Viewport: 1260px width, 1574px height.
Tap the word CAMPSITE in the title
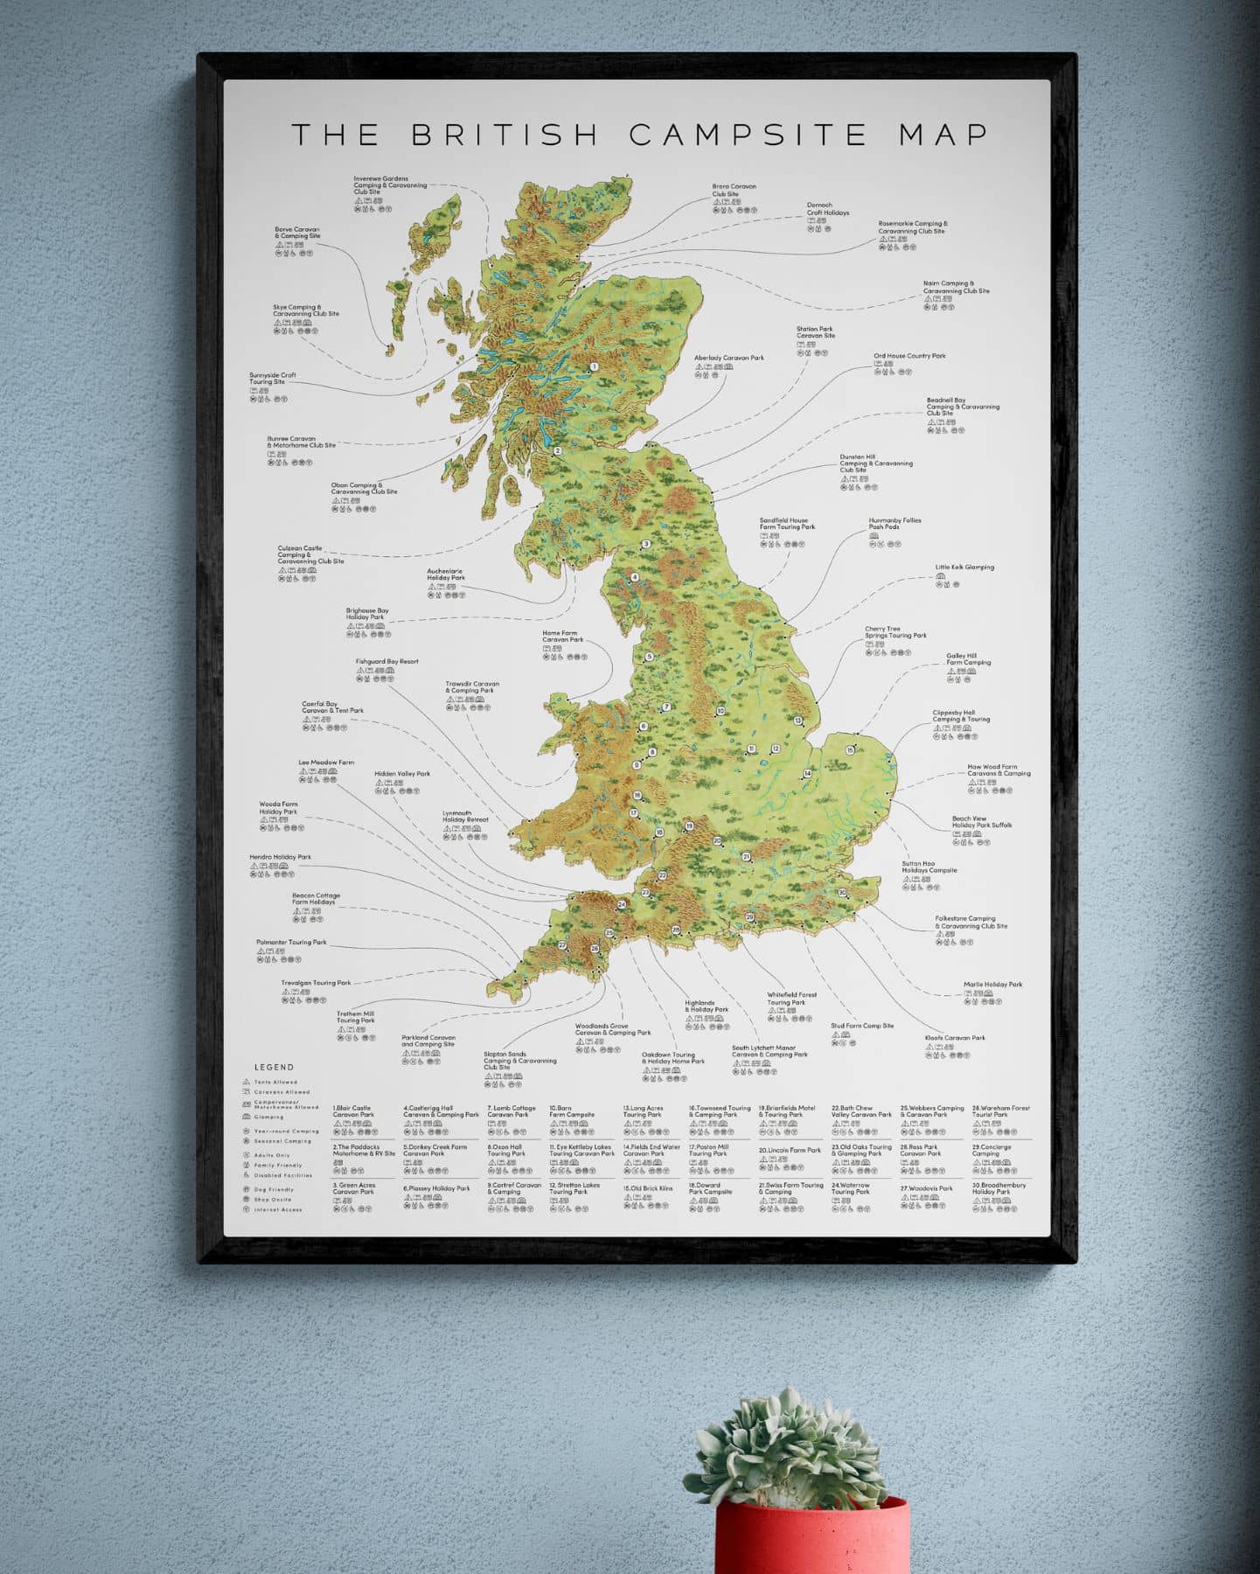(748, 135)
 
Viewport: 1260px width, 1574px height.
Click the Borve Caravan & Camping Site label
(297, 233)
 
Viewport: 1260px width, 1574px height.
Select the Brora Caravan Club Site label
(734, 191)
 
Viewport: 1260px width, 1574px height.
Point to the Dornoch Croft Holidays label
(827, 209)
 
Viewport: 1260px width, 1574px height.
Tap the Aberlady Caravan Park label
(728, 358)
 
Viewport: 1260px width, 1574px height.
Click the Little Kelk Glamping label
(964, 568)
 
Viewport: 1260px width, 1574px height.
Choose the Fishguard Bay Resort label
(386, 662)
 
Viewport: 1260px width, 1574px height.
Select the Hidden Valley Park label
(402, 774)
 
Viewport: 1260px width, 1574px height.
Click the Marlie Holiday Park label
(992, 985)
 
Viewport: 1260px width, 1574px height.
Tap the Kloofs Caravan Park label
(955, 1038)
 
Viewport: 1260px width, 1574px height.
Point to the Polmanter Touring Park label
(291, 943)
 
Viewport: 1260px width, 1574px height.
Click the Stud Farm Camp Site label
(862, 1026)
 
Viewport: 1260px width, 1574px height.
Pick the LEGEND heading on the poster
(274, 1067)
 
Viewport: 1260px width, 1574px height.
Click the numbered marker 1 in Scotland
(594, 367)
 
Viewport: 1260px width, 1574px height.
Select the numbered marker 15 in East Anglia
(850, 750)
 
